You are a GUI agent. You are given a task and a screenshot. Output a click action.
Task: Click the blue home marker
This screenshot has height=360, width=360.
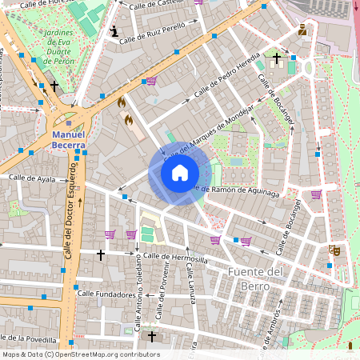[x=180, y=173]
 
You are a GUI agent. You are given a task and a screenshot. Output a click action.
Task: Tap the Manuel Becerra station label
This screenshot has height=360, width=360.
[x=68, y=141]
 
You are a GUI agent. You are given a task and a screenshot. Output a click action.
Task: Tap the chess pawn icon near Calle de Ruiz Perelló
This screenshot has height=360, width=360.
[x=115, y=31]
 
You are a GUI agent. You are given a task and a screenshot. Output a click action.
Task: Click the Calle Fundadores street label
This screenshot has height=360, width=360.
[x=106, y=294]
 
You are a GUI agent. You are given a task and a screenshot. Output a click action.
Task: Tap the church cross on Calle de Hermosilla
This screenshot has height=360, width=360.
[x=100, y=254]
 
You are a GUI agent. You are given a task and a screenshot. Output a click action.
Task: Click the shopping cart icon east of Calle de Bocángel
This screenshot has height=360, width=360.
[x=316, y=194]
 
